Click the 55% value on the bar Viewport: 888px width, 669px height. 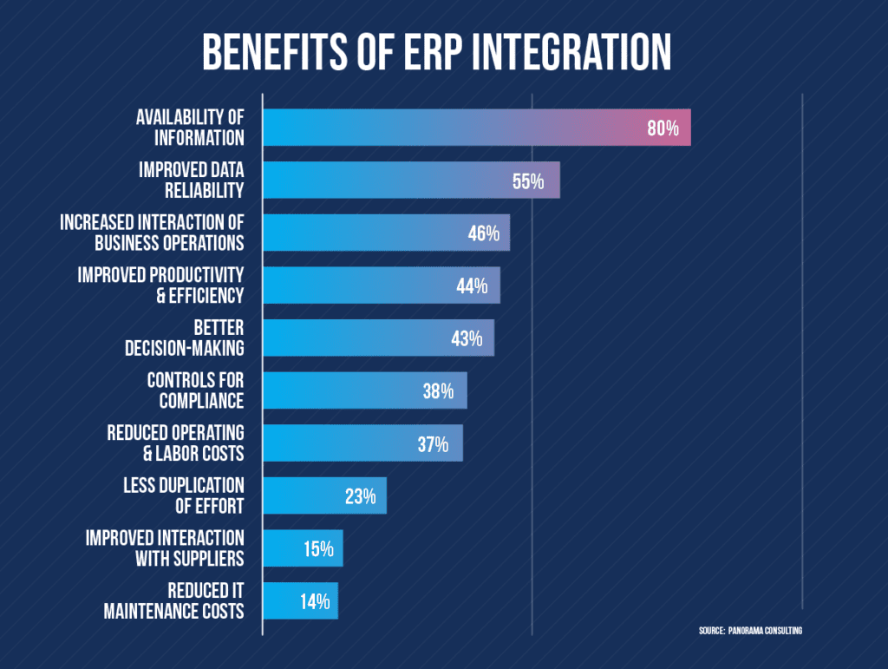[x=527, y=181]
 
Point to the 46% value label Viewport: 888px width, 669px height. [x=482, y=233]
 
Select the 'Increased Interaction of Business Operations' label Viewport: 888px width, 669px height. [x=152, y=233]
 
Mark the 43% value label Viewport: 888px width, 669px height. [x=467, y=338]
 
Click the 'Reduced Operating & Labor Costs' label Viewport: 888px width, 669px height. [x=175, y=443]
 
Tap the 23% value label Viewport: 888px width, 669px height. [x=359, y=496]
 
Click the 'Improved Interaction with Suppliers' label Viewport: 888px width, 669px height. [x=165, y=548]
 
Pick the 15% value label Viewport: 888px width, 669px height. [x=318, y=549]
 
